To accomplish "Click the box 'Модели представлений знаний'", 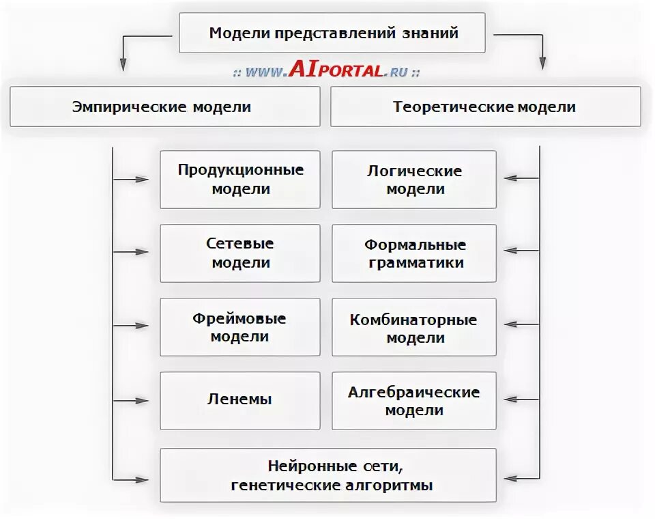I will click(332, 33).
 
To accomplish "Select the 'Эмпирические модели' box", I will click(164, 107).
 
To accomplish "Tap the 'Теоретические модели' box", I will click(485, 107).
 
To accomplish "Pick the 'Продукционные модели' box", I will click(240, 180).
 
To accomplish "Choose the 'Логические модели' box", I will click(414, 180).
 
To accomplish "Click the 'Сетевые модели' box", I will click(240, 253).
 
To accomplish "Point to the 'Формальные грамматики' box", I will click(414, 253).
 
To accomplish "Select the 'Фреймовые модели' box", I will click(240, 327).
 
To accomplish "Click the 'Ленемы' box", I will click(240, 400).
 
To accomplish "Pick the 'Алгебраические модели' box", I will click(414, 400).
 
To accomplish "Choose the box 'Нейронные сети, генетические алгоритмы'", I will click(328, 475).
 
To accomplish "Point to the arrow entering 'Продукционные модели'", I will click(132, 180).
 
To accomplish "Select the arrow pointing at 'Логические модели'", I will click(520, 179).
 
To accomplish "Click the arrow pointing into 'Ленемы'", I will click(132, 401).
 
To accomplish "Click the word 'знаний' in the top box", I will click(435, 33).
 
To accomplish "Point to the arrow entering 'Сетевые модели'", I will click(132, 252).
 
